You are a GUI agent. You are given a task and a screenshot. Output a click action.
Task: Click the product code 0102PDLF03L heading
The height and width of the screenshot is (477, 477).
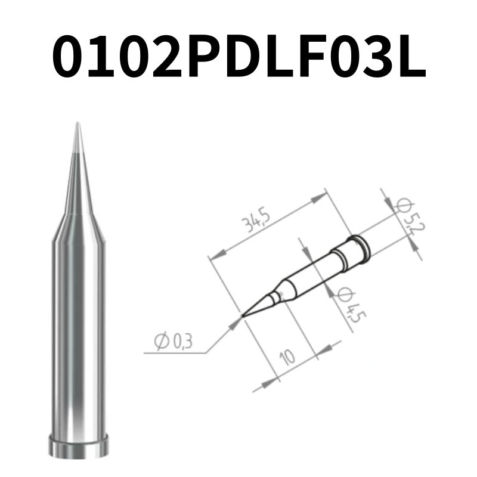point(238,57)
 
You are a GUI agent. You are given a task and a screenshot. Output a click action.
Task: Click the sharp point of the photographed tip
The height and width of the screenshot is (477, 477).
point(77,125)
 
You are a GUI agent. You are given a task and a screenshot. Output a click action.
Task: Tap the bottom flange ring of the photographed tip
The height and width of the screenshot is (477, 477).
point(78,446)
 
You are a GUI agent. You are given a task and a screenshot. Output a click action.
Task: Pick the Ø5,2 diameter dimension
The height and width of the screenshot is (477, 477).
point(408,218)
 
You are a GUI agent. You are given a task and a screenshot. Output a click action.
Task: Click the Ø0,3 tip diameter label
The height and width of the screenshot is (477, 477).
point(172,341)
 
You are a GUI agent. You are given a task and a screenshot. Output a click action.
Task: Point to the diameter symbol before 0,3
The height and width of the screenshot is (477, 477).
point(160,341)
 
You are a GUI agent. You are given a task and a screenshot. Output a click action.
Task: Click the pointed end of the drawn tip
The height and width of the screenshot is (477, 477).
point(243,314)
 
